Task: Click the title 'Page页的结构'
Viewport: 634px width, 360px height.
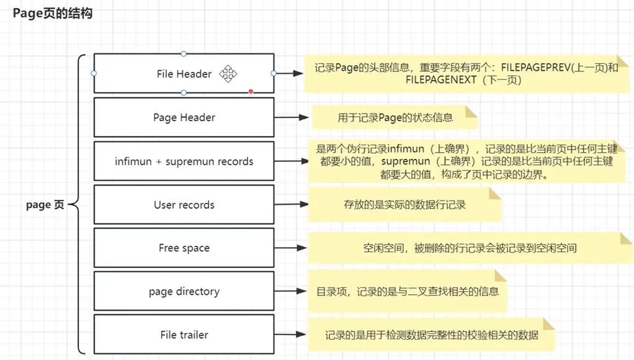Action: pyautogui.click(x=52, y=12)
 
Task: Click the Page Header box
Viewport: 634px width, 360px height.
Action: pyautogui.click(x=184, y=117)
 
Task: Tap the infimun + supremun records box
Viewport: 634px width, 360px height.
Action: pyautogui.click(x=184, y=161)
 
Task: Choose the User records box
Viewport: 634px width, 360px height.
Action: pyautogui.click(x=184, y=205)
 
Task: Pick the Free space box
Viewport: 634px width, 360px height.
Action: pyautogui.click(x=184, y=248)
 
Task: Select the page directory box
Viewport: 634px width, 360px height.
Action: pyautogui.click(x=184, y=291)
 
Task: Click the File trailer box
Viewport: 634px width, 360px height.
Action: pyautogui.click(x=184, y=335)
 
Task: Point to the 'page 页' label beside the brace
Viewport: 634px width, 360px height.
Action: pyautogui.click(x=45, y=205)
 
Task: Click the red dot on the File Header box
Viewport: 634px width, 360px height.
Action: pyautogui.click(x=251, y=92)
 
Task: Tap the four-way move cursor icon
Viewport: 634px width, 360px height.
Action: pyautogui.click(x=228, y=74)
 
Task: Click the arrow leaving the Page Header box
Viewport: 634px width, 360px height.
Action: pyautogui.click(x=292, y=117)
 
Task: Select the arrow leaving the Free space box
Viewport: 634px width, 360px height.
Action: pyautogui.click(x=292, y=248)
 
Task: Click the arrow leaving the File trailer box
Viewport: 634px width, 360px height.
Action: pyautogui.click(x=292, y=335)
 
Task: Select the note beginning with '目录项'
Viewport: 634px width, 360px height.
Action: pyautogui.click(x=408, y=290)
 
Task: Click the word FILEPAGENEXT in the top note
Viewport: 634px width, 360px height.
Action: pyautogui.click(x=441, y=81)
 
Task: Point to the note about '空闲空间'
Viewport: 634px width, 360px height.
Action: pyautogui.click(x=470, y=248)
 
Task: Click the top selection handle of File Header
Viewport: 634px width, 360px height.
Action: pyautogui.click(x=184, y=54)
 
